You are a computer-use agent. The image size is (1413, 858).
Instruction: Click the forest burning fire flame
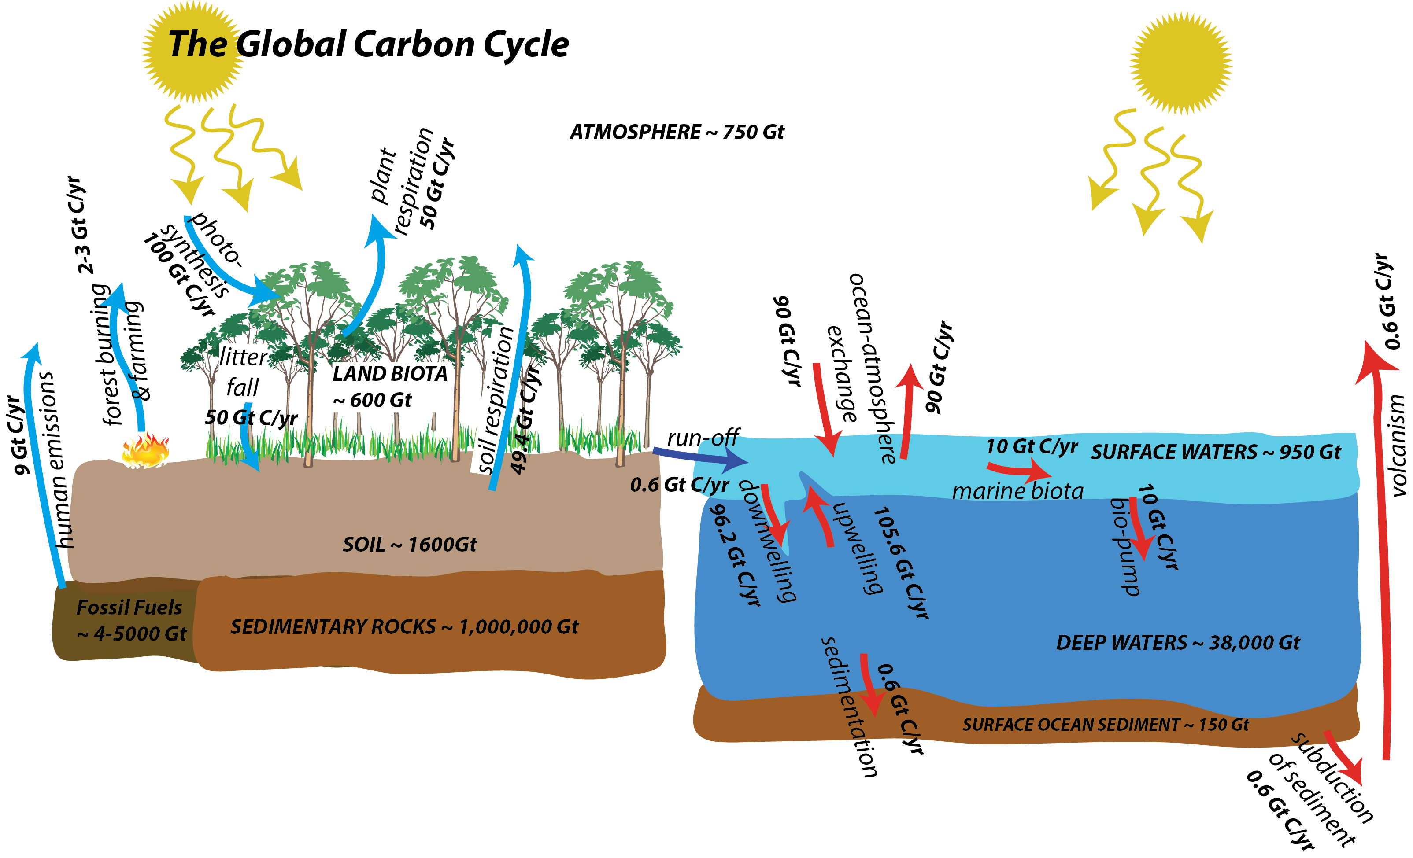coord(145,450)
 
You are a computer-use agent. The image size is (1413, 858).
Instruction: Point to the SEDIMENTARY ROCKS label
coord(404,627)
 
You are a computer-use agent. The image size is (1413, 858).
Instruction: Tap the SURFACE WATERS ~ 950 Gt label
coord(1215,452)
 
